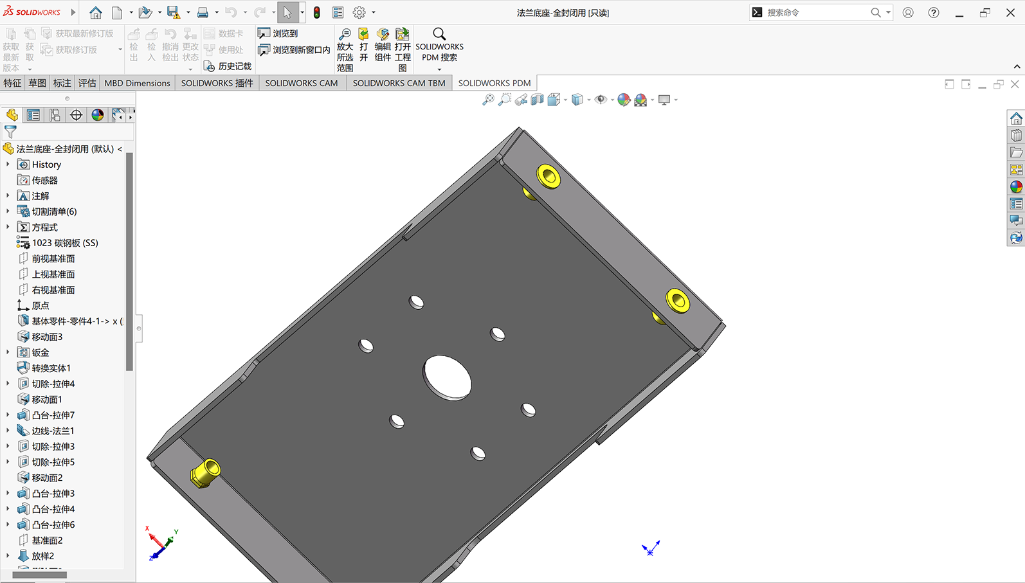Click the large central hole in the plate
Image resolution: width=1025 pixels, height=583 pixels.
pos(447,378)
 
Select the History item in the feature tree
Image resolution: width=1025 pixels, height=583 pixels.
pos(46,164)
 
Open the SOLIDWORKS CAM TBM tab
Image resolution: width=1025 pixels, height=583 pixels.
pos(399,83)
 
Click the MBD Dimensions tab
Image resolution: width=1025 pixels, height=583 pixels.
pos(137,83)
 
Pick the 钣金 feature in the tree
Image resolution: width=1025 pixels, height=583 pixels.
pos(41,352)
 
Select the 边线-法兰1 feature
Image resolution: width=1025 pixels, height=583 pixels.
pos(53,430)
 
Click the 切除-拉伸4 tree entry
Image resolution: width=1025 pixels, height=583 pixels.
pos(53,383)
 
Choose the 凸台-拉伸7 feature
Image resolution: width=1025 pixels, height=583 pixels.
pos(53,415)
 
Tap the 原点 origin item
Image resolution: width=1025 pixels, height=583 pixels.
pos(41,305)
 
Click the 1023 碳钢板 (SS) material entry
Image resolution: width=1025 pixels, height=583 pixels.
pos(64,242)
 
